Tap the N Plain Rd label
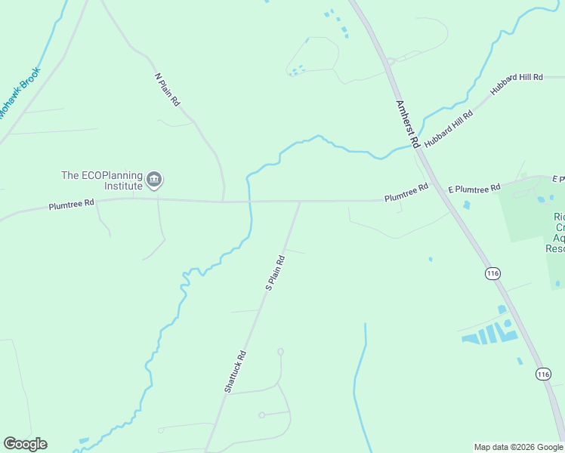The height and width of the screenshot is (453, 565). [167, 89]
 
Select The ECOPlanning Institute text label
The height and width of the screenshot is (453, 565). [102, 180]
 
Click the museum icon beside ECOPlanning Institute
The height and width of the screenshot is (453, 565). [155, 180]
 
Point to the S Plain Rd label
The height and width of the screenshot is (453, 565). [275, 273]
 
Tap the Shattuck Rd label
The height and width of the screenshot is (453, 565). [235, 370]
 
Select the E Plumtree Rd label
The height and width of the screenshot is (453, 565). [474, 188]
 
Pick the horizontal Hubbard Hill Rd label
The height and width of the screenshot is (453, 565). [517, 78]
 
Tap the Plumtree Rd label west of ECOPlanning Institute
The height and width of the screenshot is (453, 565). [72, 204]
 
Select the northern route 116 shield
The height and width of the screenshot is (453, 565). [493, 273]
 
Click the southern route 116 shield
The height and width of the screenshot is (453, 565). [543, 374]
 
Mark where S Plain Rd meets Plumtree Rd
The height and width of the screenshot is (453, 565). [300, 202]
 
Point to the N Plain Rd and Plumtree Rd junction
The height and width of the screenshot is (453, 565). [224, 202]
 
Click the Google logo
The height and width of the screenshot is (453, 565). [25, 444]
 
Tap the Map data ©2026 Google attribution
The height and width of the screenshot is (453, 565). [518, 447]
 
